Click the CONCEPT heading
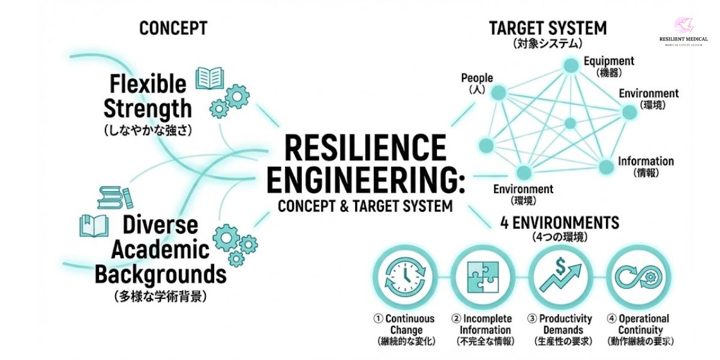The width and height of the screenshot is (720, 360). point(173,28)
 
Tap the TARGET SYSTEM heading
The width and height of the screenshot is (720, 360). point(547,28)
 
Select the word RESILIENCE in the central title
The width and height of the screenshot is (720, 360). point(365,148)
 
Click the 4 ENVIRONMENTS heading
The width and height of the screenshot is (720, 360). point(559,223)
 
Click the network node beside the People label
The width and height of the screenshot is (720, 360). point(497,92)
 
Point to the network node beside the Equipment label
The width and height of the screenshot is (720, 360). point(568,64)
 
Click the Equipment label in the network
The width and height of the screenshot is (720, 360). point(608,61)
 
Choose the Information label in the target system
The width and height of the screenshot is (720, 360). point(646,161)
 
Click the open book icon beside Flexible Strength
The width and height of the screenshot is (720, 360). point(210,79)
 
